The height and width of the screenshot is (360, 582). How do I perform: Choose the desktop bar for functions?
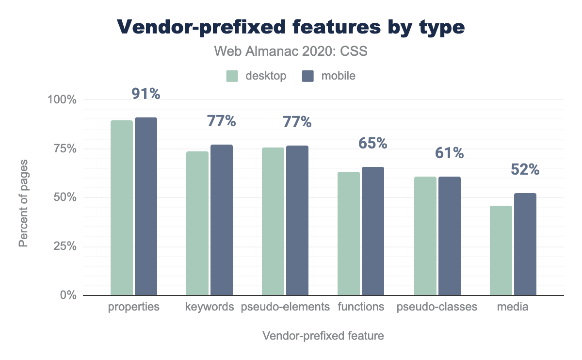click(x=349, y=233)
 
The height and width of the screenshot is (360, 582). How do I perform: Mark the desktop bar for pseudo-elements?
click(x=273, y=221)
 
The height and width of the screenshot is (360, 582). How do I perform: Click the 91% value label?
click(x=146, y=94)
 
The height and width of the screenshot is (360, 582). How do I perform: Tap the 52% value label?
click(x=525, y=169)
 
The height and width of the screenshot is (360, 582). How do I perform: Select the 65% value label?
click(x=372, y=143)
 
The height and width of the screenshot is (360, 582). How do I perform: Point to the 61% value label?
click(x=449, y=153)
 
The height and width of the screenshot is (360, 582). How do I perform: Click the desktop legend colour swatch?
click(x=232, y=76)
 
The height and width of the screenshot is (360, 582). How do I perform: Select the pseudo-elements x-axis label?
click(x=285, y=307)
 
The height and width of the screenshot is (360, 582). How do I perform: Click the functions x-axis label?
click(x=361, y=307)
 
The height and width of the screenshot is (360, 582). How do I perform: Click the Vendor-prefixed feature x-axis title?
click(x=323, y=336)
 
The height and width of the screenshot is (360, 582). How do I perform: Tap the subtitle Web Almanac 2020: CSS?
click(x=291, y=51)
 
